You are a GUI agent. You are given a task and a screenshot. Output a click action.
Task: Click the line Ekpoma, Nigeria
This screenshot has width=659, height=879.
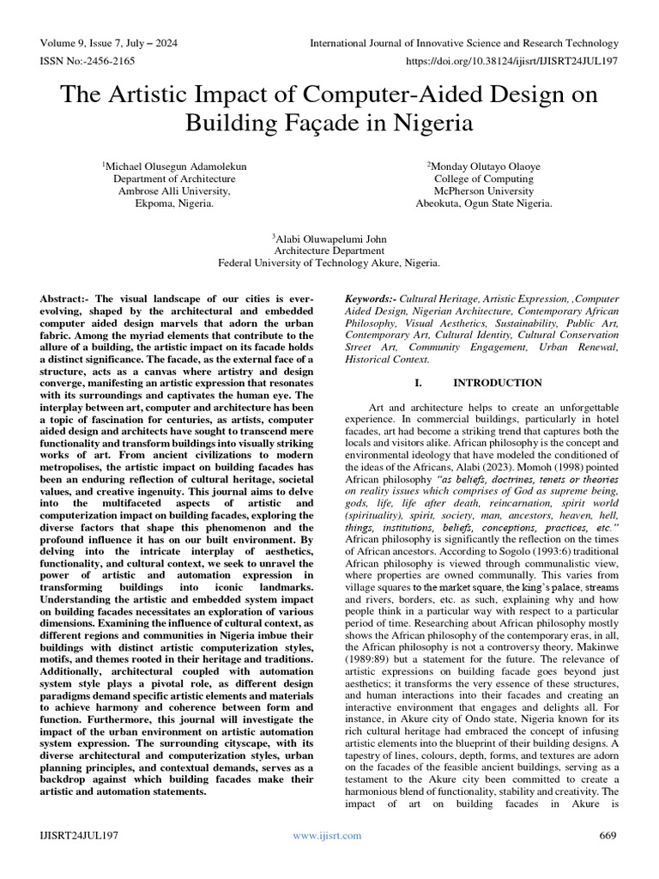(173, 204)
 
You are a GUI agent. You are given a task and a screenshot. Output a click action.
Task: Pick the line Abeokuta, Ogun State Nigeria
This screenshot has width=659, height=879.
(484, 204)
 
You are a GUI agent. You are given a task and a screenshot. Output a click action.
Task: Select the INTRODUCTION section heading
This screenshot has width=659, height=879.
(497, 383)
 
